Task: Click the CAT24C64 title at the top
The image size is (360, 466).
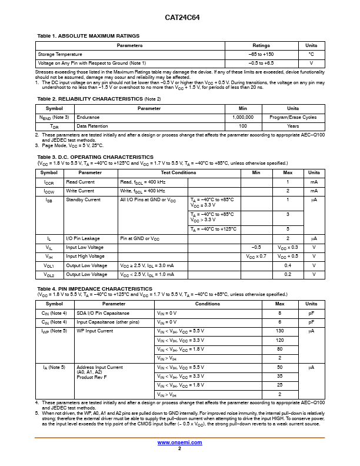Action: pos(179,18)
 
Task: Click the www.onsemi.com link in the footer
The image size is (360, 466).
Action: pos(179,442)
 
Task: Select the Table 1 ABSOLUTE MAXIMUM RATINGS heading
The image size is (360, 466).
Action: pos(88,36)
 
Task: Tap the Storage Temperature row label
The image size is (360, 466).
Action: pos(61,54)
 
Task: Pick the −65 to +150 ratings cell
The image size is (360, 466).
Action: pos(261,54)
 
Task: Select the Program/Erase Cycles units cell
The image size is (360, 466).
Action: pos(292,117)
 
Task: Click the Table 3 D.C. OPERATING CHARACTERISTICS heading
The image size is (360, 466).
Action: pos(95,157)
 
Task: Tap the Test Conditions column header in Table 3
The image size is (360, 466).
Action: pos(178,172)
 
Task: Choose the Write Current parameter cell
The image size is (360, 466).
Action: pos(80,191)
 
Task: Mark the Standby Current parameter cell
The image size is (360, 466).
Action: pos(83,200)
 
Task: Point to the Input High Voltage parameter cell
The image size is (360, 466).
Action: pos(85,256)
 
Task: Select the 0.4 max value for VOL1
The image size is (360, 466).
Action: pos(288,265)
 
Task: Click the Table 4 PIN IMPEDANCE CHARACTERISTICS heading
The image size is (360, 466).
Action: pos(95,289)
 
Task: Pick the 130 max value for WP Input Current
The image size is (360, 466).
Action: pos(279,331)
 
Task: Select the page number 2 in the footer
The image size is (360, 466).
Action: pos(179,448)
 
